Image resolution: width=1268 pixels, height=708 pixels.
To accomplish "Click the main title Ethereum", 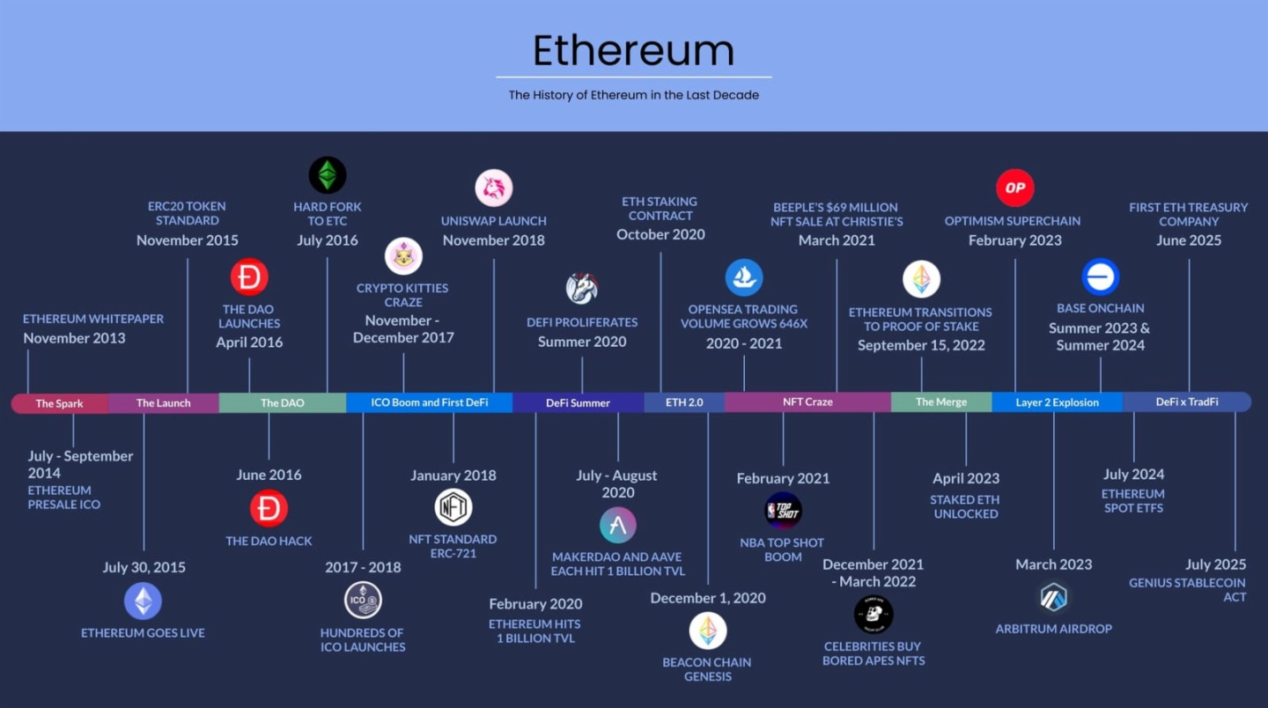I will [633, 50].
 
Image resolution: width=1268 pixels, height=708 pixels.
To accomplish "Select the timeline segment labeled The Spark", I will [59, 403].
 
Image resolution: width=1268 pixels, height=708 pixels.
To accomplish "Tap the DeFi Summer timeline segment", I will [578, 403].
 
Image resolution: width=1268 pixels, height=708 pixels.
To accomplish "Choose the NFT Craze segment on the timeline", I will [807, 402].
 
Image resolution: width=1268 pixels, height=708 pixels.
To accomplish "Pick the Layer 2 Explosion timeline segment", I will [1057, 402].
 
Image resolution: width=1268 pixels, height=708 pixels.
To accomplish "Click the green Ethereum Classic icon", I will [328, 175].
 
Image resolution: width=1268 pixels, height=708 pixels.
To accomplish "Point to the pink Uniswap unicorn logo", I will [494, 188].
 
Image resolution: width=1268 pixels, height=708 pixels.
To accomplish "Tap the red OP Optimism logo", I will [1014, 188].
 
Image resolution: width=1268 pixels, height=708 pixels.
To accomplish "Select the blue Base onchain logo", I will [1100, 277].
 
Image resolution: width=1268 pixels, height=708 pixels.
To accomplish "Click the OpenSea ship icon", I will [744, 277].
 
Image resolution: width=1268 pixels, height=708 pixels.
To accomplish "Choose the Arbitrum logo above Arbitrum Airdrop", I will [1053, 597].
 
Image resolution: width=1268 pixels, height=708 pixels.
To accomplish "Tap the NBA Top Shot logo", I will [783, 511].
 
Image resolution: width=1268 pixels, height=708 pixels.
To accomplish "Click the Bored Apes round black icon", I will [874, 614].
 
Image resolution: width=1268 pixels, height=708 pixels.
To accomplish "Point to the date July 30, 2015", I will [144, 567].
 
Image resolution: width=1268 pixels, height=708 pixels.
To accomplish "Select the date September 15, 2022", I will [921, 345].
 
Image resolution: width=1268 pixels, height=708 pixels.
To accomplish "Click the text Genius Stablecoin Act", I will [1188, 589].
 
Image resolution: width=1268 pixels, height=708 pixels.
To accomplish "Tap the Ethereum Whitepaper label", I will [93, 319].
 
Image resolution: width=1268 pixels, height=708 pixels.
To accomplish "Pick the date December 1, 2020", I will [708, 598].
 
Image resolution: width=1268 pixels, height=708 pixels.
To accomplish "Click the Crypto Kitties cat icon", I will [403, 256].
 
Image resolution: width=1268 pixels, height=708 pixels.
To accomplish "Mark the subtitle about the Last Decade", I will [633, 95].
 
